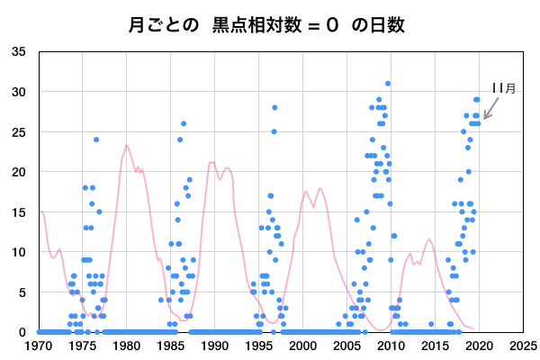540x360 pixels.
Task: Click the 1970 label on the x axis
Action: pyautogui.click(x=39, y=345)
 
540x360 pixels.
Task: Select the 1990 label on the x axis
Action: pyautogui.click(x=215, y=345)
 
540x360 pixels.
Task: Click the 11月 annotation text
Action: pyautogui.click(x=503, y=88)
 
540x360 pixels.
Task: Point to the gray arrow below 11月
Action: pyautogui.click(x=491, y=109)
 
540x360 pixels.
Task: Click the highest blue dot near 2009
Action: pyautogui.click(x=388, y=84)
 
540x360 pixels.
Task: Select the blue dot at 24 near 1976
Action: pyautogui.click(x=96, y=139)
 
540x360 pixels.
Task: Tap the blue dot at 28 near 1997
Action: pyautogui.click(x=274, y=108)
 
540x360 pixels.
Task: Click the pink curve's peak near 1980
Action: pyautogui.click(x=127, y=146)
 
